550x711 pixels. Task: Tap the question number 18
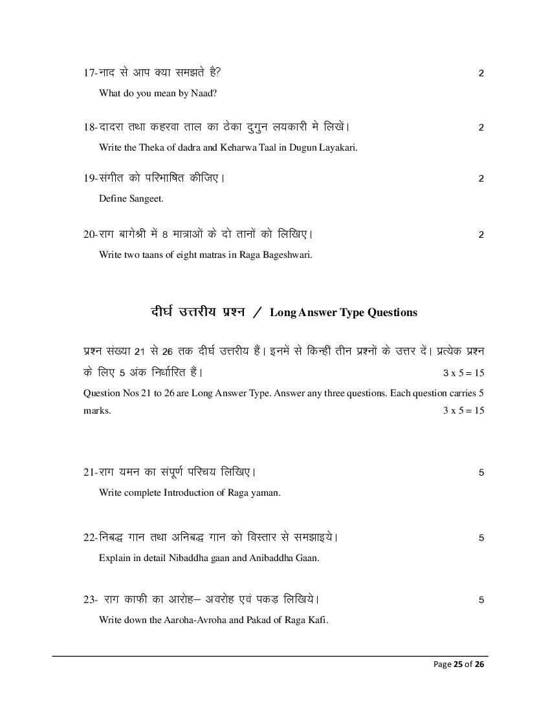89,127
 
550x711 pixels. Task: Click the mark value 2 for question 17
481,73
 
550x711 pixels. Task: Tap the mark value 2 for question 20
481,235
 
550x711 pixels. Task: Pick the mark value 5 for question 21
481,472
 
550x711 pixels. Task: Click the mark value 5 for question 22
481,538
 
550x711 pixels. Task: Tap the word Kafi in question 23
318,620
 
